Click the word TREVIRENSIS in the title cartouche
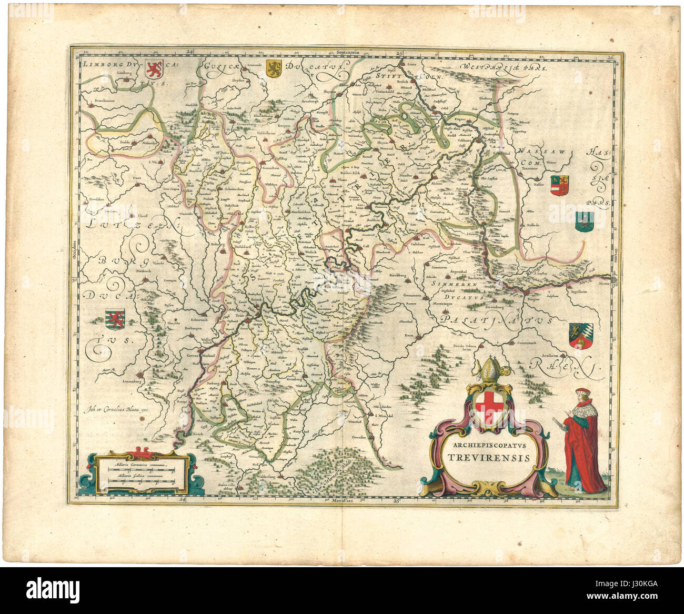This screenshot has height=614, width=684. [x=489, y=457]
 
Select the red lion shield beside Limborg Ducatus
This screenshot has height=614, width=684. [x=153, y=68]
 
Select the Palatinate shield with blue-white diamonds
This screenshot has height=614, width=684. [x=580, y=335]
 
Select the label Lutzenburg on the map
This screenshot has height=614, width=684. [x=130, y=379]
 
